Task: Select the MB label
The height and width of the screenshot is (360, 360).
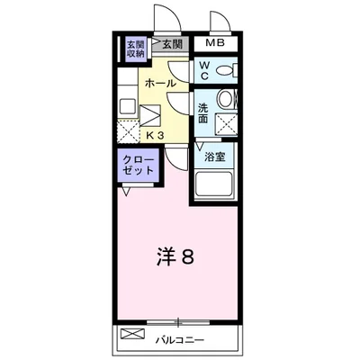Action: [x=215, y=44]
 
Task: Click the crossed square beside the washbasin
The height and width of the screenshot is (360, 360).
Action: [x=224, y=123]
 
